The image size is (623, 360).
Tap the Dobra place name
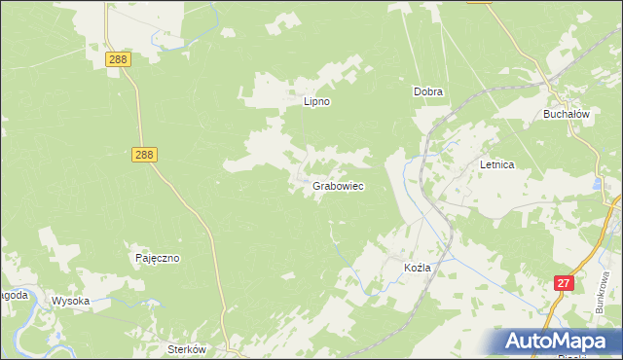428,92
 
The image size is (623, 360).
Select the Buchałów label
568,114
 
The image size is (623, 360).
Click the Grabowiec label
339,185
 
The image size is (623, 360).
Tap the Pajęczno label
157,259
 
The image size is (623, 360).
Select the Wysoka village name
70,301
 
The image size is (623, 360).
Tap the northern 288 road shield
118,60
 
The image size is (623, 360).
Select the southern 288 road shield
143,155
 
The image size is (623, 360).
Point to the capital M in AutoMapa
566,342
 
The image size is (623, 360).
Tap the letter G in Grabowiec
317,185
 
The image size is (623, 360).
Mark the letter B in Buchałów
547,114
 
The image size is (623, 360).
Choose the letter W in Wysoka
55,301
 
